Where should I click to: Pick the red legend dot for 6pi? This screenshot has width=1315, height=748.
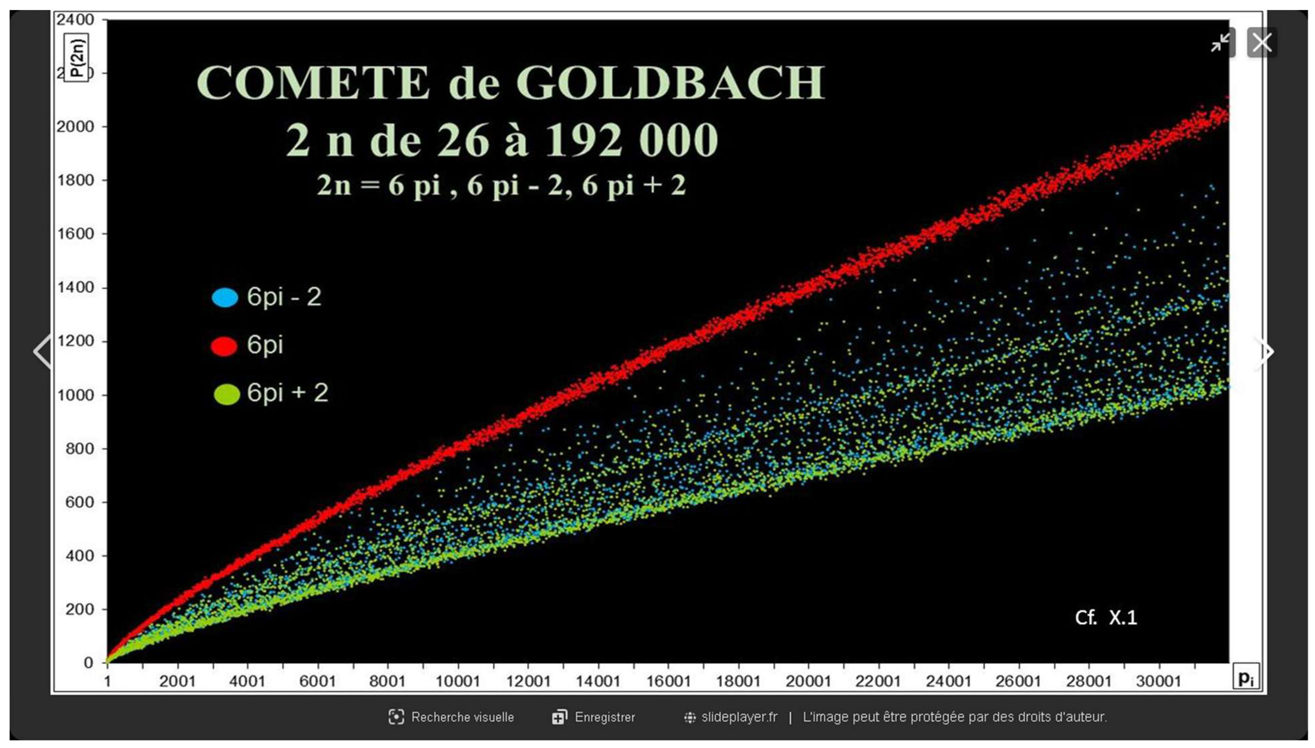point(224,346)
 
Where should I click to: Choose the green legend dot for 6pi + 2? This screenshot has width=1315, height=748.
point(226,394)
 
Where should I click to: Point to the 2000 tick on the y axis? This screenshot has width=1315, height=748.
point(75,127)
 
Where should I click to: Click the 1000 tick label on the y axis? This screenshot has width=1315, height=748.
point(75,395)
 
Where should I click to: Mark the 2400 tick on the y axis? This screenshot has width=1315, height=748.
point(75,20)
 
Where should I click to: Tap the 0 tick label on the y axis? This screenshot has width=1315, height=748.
point(88,663)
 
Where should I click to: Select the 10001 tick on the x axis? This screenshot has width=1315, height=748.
point(457,681)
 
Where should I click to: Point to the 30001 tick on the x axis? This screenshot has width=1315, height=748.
point(1158,681)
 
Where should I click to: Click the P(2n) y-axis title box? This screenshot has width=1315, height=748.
point(76,57)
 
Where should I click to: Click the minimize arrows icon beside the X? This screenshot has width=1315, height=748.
point(1220,42)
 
